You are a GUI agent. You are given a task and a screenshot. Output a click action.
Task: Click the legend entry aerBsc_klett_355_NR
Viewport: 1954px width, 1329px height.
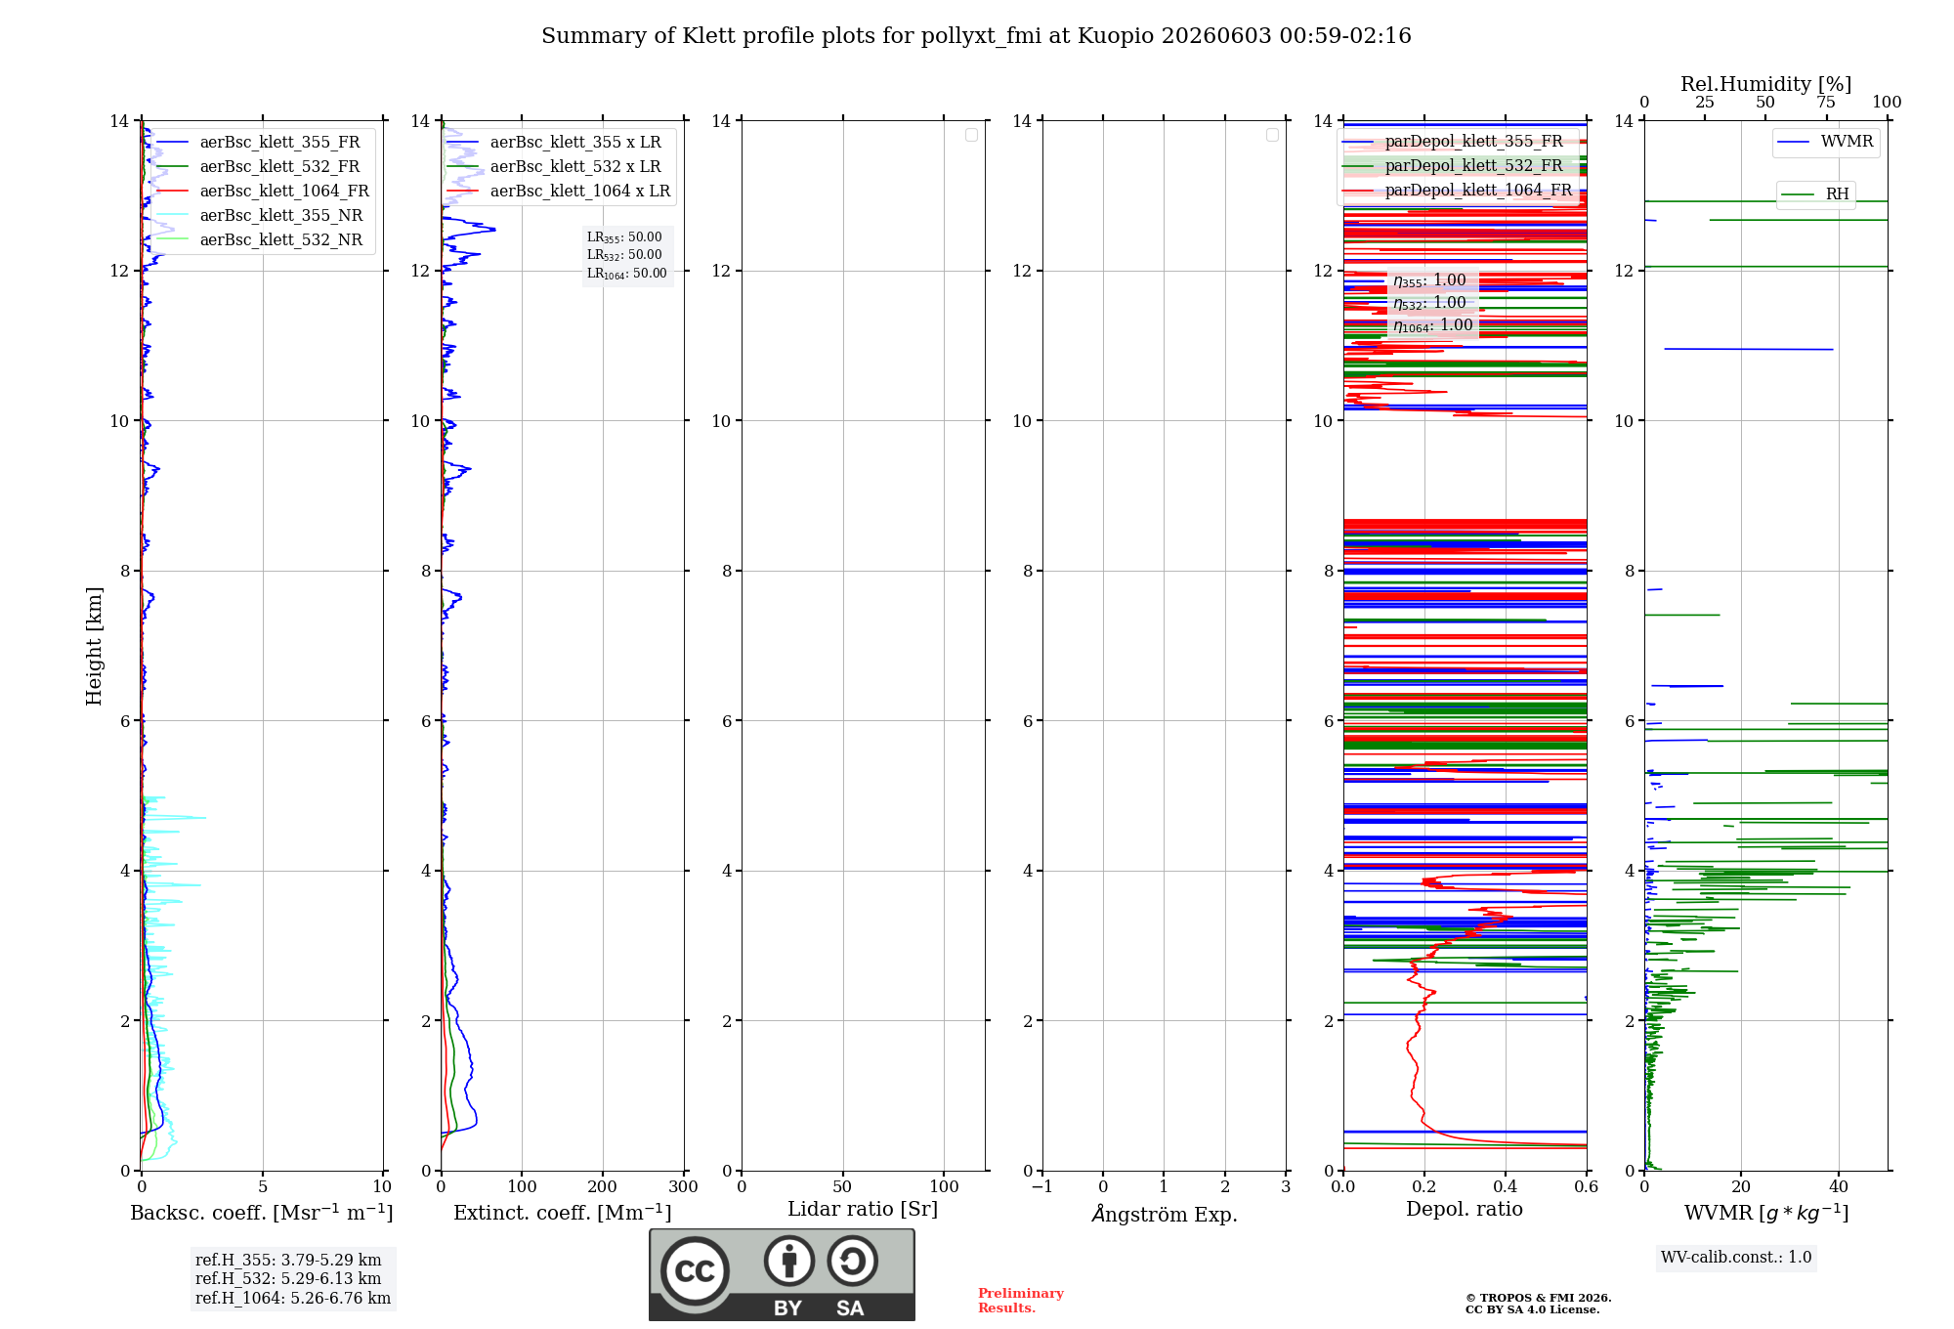tap(259, 215)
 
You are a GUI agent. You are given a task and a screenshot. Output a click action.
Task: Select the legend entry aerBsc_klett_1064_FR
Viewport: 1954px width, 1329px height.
tap(262, 191)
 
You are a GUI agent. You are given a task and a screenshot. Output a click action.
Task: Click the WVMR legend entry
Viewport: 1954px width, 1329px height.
tap(1826, 142)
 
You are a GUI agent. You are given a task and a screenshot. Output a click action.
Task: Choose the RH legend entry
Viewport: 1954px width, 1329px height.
tap(1815, 194)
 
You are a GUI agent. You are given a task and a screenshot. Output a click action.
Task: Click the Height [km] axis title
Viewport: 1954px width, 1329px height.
tap(94, 646)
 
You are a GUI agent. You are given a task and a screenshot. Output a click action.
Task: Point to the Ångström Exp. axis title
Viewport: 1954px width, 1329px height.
tap(1165, 1214)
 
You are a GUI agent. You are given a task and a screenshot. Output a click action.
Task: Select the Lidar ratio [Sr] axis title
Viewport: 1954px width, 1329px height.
tap(863, 1210)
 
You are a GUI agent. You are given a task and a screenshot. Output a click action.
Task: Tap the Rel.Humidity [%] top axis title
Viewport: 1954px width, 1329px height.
tap(1766, 84)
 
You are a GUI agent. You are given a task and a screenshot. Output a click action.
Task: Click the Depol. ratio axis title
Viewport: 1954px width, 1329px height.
tap(1465, 1209)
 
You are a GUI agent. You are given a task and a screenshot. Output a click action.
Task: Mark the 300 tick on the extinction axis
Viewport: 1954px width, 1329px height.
tap(683, 1186)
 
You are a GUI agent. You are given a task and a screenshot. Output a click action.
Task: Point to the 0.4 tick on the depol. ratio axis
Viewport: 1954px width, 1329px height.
tap(1506, 1186)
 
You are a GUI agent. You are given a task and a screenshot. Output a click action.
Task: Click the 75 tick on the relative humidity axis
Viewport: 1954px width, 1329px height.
tap(1826, 103)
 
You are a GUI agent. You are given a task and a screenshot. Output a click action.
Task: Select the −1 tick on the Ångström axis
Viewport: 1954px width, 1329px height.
tap(1042, 1186)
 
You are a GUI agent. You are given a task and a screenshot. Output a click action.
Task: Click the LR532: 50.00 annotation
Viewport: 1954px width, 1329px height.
tap(624, 255)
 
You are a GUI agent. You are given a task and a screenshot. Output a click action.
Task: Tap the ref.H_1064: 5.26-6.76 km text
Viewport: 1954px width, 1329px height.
tap(293, 1298)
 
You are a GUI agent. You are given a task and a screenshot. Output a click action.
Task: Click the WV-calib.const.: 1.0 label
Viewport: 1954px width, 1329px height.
tap(1736, 1258)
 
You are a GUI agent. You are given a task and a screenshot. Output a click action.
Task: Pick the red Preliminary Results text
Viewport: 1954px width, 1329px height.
tap(1021, 1301)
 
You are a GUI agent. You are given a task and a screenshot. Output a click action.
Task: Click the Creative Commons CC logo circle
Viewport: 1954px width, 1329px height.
tap(695, 1271)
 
